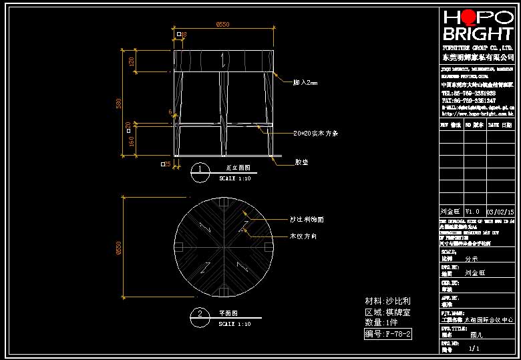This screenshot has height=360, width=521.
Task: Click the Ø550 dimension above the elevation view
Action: [x=223, y=25]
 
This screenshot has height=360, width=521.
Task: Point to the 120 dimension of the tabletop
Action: [x=132, y=61]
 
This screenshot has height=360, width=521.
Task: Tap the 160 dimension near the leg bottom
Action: [x=132, y=142]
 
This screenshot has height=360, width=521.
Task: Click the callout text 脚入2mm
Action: [x=305, y=83]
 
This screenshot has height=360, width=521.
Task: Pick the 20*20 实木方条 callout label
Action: [x=316, y=134]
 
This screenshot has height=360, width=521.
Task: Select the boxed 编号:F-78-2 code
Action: [x=387, y=334]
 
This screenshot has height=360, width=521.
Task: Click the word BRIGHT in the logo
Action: [x=477, y=34]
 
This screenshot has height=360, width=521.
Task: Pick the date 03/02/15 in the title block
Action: [x=500, y=211]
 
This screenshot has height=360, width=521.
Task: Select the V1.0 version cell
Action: [x=472, y=211]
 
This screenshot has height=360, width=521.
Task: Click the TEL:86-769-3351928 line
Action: [x=468, y=93]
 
